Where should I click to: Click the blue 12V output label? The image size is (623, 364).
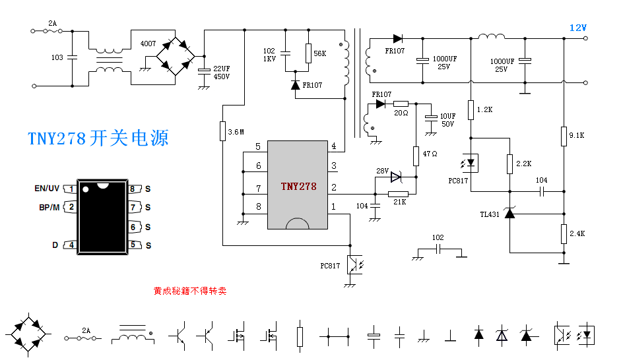tap(577, 28)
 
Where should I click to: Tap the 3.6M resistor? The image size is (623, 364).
tap(222, 131)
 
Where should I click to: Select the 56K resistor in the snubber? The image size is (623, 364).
tap(308, 53)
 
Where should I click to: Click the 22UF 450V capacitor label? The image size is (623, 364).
tap(222, 73)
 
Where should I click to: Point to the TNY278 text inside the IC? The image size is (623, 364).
tap(298, 187)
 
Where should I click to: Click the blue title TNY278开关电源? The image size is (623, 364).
tap(98, 138)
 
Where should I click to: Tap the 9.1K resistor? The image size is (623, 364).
tap(564, 136)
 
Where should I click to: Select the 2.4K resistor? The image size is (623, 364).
tap(564, 233)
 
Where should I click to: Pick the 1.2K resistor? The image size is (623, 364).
tap(471, 109)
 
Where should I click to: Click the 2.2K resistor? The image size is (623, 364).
tap(510, 164)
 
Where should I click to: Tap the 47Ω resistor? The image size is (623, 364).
tap(416, 156)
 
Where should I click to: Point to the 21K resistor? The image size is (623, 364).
tap(398, 194)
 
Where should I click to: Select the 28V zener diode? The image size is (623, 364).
tap(396, 177)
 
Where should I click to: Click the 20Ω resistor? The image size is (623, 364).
tap(401, 104)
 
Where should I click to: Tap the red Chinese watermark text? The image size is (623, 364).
tap(189, 290)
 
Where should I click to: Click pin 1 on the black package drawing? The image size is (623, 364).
tap(71, 189)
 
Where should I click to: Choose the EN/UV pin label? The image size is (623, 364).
tap(47, 189)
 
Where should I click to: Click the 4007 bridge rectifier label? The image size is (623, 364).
tap(148, 44)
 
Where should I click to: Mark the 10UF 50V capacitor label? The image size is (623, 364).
tap(448, 120)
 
